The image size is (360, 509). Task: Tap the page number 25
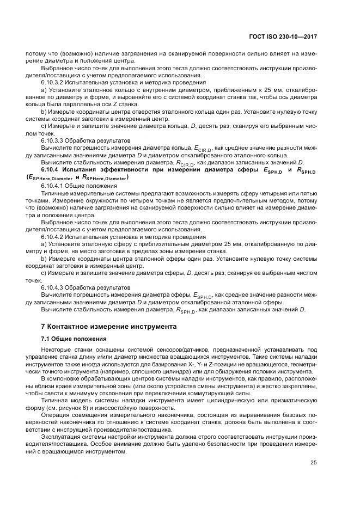[x=313, y=463]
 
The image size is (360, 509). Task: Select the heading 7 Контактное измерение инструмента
[x=109, y=327]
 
